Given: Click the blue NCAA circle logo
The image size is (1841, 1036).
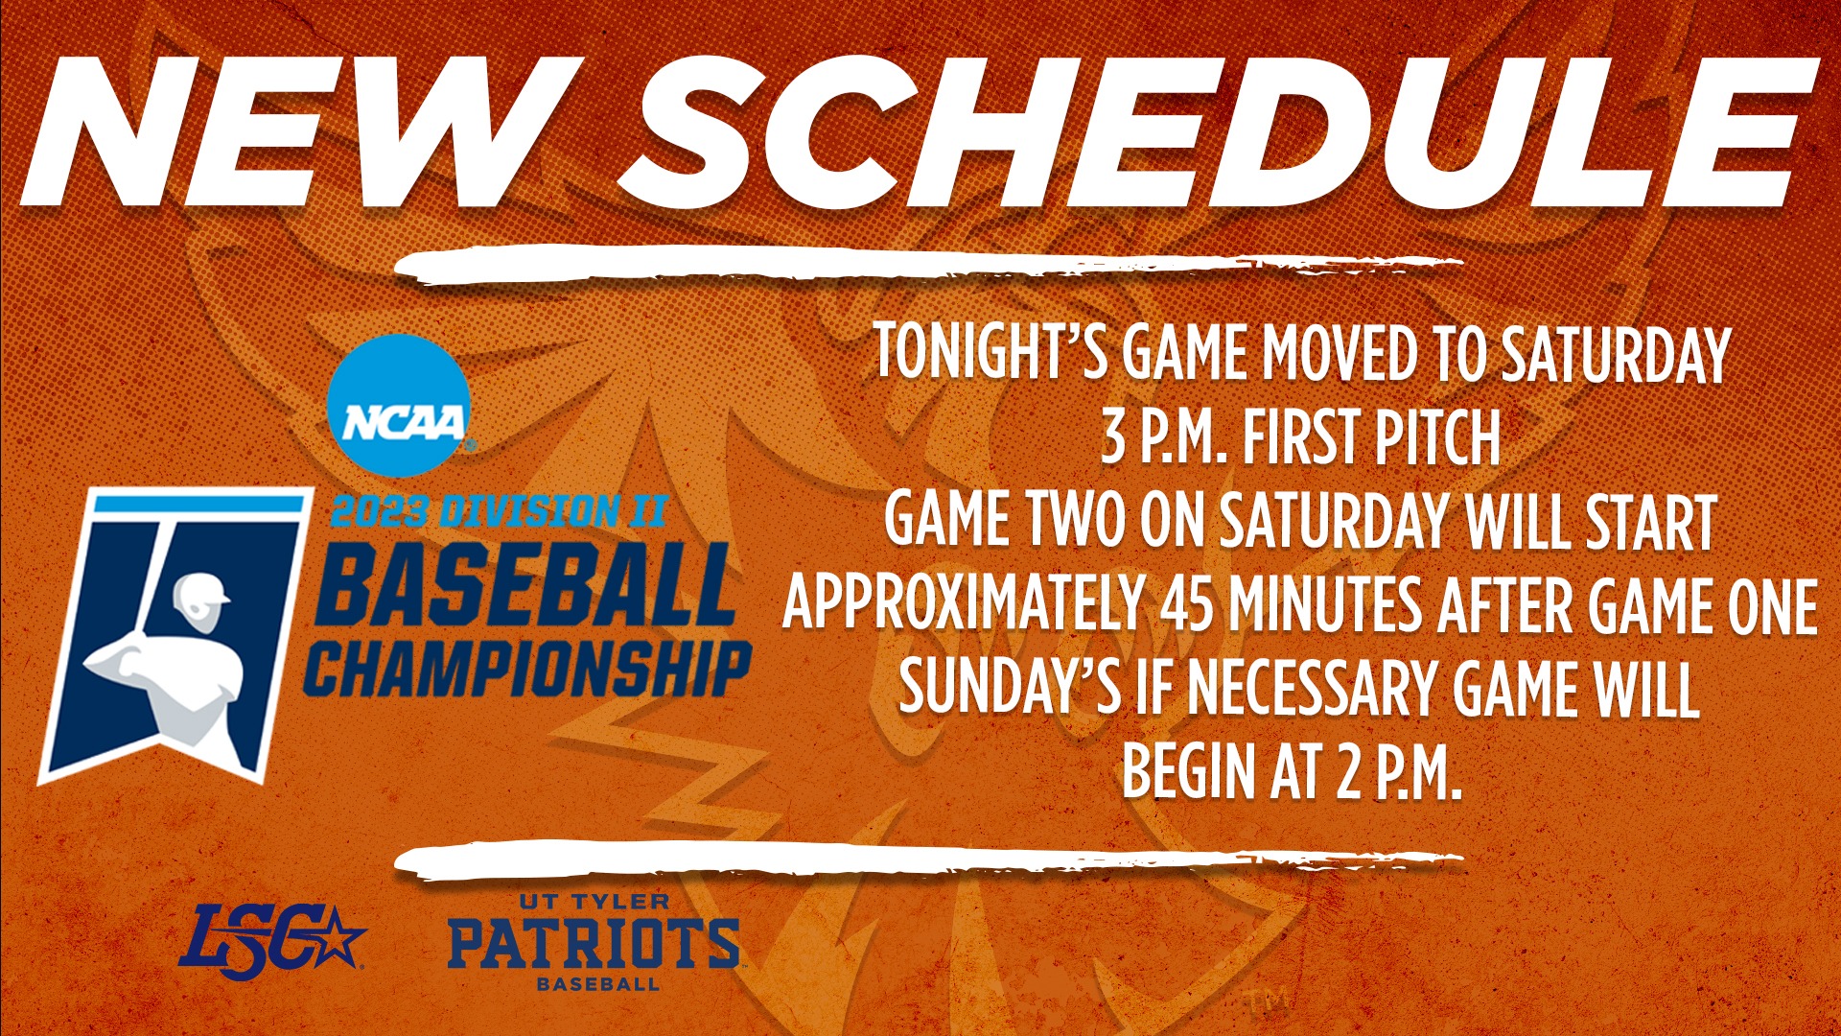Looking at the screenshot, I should click(399, 406).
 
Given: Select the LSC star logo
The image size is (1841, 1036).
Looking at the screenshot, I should click(271, 936).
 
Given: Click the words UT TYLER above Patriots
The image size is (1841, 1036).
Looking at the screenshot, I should click(594, 902).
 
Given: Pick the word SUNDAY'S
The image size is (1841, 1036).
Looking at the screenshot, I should click(1009, 688).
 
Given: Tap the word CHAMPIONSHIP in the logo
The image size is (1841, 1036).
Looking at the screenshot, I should click(527, 669).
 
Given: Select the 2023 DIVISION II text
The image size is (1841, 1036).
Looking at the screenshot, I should click(499, 511).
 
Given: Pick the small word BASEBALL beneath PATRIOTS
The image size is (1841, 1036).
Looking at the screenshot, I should click(597, 984).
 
